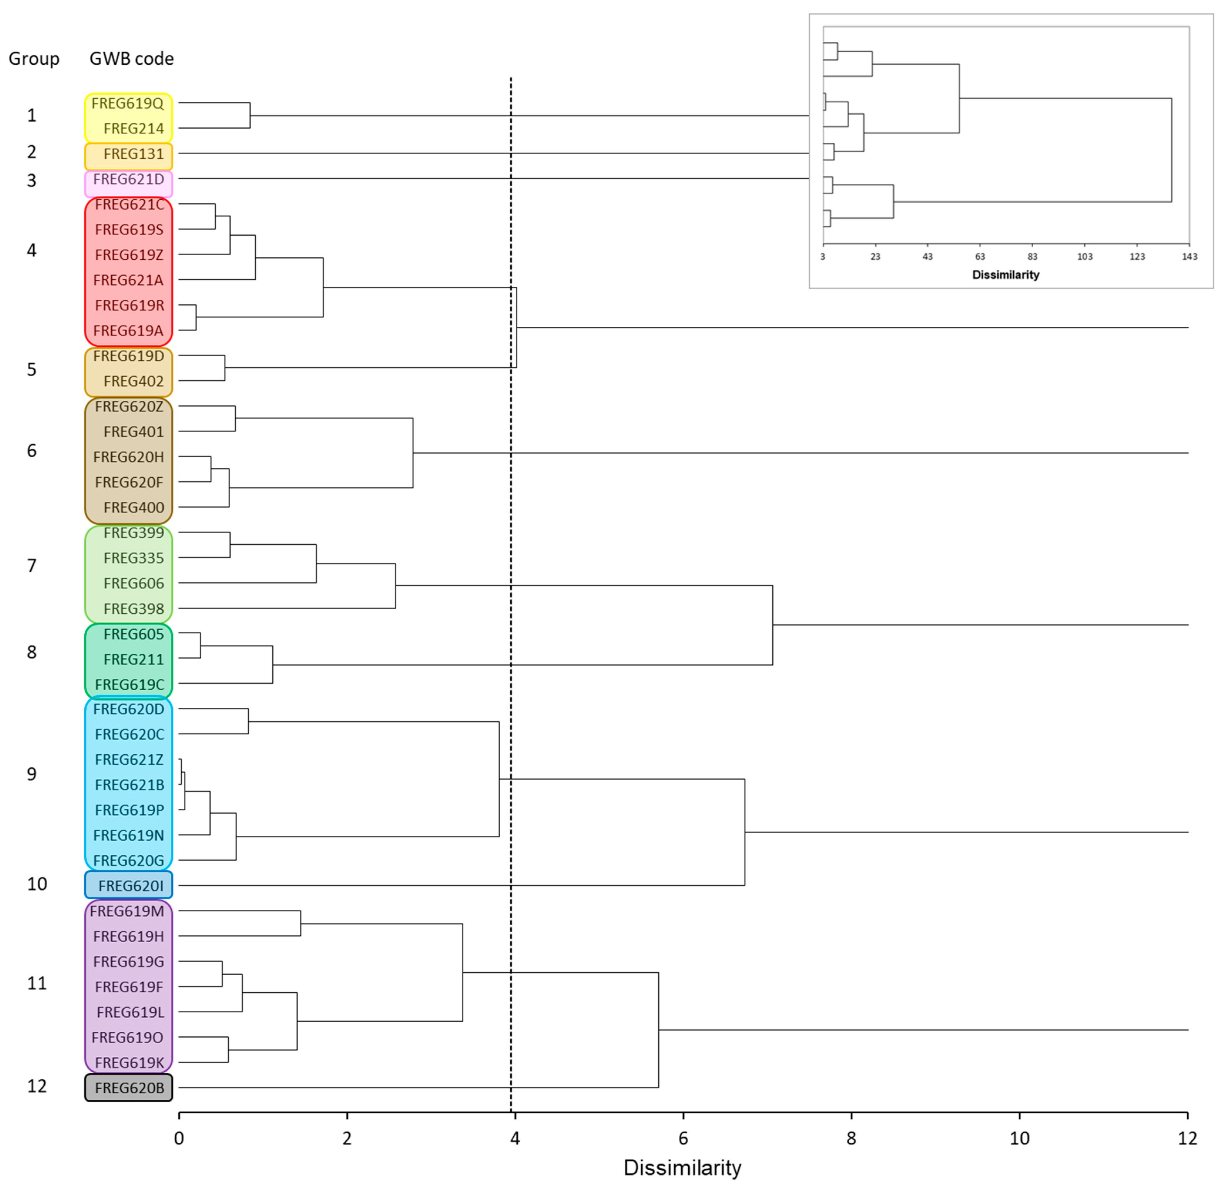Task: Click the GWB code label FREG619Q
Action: [x=128, y=103]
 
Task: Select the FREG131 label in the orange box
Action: [x=133, y=154]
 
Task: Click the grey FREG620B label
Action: [x=129, y=1088]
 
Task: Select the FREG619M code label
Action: [x=127, y=911]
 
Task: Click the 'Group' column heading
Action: [x=34, y=59]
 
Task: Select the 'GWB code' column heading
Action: [x=131, y=59]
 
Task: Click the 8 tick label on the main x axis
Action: [x=851, y=1138]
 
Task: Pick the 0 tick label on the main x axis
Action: [x=179, y=1138]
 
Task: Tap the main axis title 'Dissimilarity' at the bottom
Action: [x=682, y=1167]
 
